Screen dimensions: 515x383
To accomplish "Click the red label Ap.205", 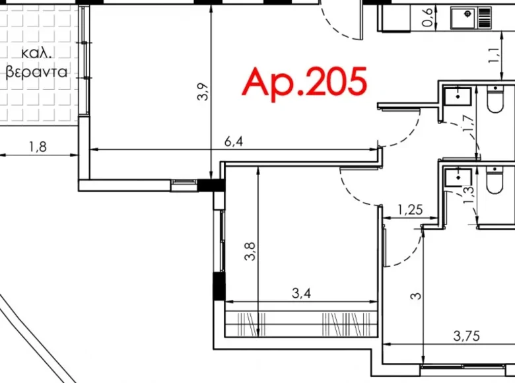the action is click(x=304, y=83).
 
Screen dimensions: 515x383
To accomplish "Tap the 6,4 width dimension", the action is click(x=234, y=141).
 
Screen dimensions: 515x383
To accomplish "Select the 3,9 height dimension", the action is click(x=203, y=92).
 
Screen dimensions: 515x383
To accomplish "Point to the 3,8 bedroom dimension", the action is click(x=250, y=252).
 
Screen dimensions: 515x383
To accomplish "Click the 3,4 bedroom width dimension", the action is click(x=301, y=293).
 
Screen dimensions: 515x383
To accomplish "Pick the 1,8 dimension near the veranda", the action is click(x=38, y=147).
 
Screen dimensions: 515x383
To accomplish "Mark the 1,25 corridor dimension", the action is click(x=410, y=209).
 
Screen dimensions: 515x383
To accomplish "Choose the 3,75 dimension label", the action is click(x=466, y=336).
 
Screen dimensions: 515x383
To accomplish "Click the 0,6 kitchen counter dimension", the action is click(x=427, y=17).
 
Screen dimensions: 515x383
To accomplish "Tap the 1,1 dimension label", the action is click(x=494, y=55).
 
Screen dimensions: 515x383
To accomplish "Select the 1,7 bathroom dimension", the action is click(x=468, y=123).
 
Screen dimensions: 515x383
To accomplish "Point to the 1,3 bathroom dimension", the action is click(x=469, y=195).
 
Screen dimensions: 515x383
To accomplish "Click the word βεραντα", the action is click(x=36, y=71).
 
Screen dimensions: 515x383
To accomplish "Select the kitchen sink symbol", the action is click(x=471, y=18).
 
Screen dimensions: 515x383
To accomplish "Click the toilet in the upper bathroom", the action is click(x=495, y=98).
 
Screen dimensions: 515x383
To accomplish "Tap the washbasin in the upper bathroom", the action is click(x=458, y=96).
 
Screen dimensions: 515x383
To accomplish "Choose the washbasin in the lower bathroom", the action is click(x=458, y=177).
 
